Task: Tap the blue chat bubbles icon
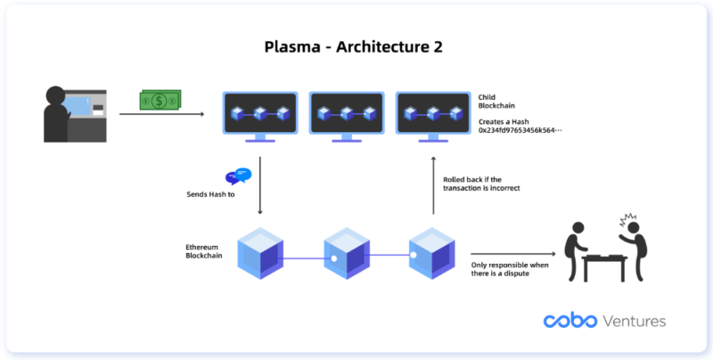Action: click(x=238, y=176)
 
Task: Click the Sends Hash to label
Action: click(x=213, y=193)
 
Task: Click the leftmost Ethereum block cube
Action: click(x=259, y=253)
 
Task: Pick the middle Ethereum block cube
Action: click(x=346, y=253)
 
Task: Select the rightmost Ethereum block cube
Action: click(x=432, y=253)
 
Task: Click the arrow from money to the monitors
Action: click(x=160, y=114)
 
